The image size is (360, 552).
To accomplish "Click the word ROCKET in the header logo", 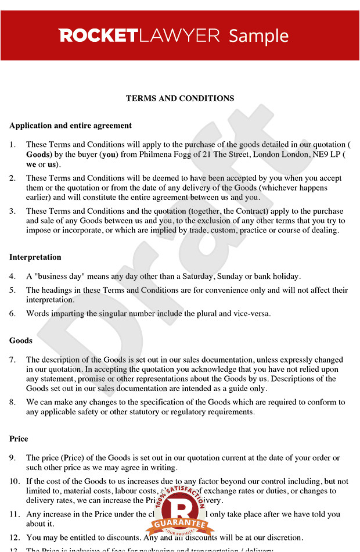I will (x=97, y=36).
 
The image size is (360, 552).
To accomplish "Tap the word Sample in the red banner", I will (x=258, y=36).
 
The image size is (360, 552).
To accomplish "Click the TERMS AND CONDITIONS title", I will (x=180, y=98).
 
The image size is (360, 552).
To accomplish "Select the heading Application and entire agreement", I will (x=70, y=125).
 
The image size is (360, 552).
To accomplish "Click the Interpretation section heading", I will (x=35, y=257).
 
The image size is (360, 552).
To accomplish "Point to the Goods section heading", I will (x=21, y=340).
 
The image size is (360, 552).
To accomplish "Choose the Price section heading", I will (x=19, y=439).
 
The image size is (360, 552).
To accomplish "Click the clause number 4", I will (x=12, y=277).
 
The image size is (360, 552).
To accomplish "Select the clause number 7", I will (x=12, y=360).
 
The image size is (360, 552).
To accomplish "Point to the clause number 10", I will (x=14, y=481).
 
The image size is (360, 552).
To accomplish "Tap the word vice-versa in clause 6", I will (x=250, y=313).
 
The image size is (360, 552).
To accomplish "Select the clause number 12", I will (x=14, y=537).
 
